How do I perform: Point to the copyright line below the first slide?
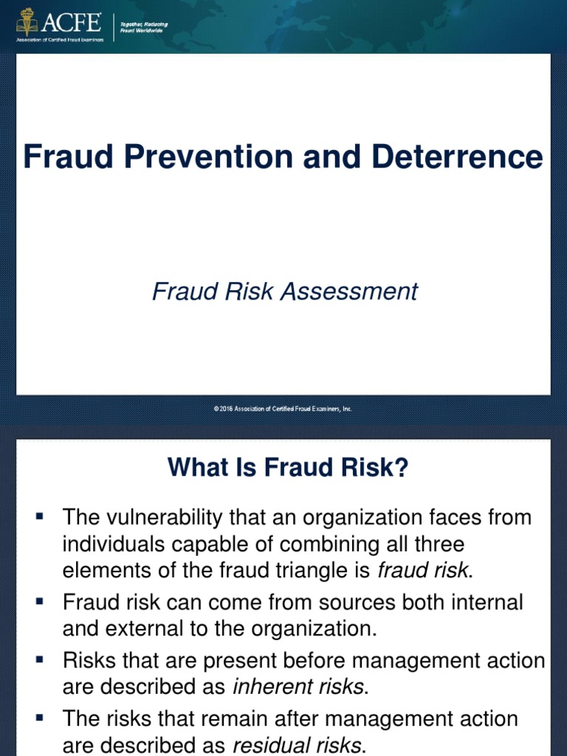click(x=283, y=408)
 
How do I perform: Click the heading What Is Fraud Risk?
click(x=288, y=467)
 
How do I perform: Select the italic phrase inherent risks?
click(x=298, y=686)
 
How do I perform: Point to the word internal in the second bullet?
click(x=487, y=602)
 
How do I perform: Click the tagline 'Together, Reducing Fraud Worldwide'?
click(x=143, y=27)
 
